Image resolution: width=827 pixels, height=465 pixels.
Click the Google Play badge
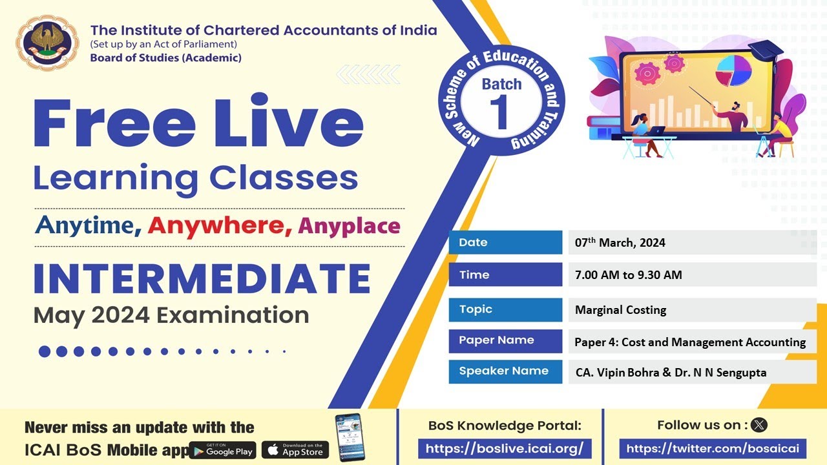222,450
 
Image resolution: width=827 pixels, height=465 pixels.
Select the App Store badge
295,449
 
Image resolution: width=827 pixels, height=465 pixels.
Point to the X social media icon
759,425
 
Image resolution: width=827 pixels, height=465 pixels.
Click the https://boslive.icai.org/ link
505,448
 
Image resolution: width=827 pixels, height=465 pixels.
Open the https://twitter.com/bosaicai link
713,448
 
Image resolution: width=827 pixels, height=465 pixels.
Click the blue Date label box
505,243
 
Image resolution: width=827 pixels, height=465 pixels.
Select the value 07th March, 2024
620,243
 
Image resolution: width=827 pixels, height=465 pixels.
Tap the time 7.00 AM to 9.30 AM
628,275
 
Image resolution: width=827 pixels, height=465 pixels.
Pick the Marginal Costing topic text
620,310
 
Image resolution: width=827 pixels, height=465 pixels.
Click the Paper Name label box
505,340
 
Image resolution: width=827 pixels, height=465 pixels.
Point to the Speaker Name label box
505,371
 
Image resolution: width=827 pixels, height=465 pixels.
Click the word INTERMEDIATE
202,278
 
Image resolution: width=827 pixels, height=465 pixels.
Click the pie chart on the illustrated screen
733,70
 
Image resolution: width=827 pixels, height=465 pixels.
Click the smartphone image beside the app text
350,437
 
